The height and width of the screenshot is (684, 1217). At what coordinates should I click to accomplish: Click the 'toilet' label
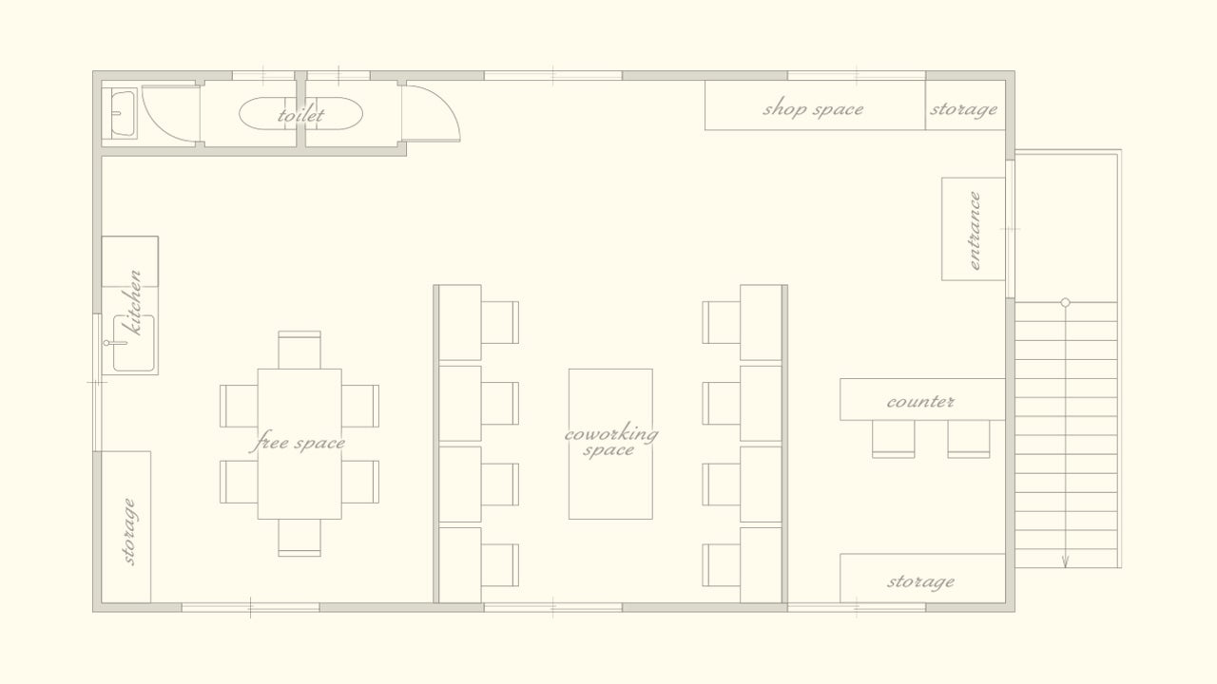pos(300,115)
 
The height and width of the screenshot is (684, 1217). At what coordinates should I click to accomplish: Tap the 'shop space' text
pos(813,108)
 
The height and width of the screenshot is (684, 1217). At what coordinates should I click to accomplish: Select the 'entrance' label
pos(975,230)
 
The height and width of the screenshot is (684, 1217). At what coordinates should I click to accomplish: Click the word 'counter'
pos(920,402)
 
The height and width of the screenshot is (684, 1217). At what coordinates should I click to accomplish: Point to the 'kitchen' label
pos(133,302)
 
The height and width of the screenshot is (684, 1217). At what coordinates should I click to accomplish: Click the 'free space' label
pos(298,442)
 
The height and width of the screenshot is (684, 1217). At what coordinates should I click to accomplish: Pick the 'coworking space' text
pos(610,441)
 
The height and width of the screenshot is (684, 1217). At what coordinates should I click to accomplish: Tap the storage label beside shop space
pos(964,109)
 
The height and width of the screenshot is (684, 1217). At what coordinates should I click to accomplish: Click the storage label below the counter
pos(921,582)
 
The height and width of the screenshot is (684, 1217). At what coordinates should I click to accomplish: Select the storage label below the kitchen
pos(128,531)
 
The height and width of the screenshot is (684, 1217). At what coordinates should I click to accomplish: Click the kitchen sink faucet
pos(115,343)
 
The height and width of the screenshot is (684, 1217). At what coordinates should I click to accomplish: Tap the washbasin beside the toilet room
pos(123,113)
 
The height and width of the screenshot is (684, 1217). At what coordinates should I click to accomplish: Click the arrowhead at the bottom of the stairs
pos(1065,563)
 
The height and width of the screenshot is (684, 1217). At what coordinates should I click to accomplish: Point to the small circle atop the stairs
pos(1066,302)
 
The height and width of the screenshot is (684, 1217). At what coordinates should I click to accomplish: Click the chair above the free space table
pos(299,351)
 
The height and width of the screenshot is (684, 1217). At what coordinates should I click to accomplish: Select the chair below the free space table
pos(299,538)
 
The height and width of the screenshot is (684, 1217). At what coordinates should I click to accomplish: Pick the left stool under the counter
pos(893,439)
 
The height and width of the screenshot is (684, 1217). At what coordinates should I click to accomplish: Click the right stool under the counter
pos(969,439)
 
